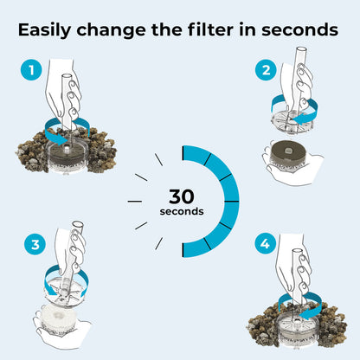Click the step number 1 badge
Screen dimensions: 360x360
tap(31, 70)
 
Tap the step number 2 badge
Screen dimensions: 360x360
tap(266, 70)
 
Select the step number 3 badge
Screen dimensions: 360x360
tap(35, 245)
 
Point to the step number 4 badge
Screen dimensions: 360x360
tap(266, 244)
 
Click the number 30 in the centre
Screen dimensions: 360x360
tap(182, 196)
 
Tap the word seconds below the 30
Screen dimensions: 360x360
tap(182, 211)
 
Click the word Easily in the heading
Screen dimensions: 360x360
tap(44, 30)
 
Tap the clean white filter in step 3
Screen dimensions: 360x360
tap(59, 319)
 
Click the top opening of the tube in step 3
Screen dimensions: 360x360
tap(78, 224)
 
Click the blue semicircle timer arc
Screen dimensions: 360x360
tap(231, 201)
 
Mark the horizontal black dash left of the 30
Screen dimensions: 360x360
tap(135, 202)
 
